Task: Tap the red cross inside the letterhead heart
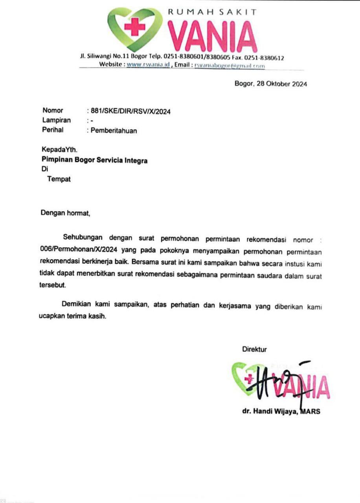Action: [135, 27]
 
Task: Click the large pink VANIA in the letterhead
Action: [212, 37]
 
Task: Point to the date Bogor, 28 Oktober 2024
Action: [270, 84]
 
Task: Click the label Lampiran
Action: [56, 120]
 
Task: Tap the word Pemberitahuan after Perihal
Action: [114, 131]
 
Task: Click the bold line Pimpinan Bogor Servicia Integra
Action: [95, 160]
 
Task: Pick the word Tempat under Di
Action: [59, 180]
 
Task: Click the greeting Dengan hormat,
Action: [66, 214]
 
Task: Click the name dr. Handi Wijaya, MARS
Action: [281, 412]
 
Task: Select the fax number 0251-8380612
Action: [267, 58]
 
